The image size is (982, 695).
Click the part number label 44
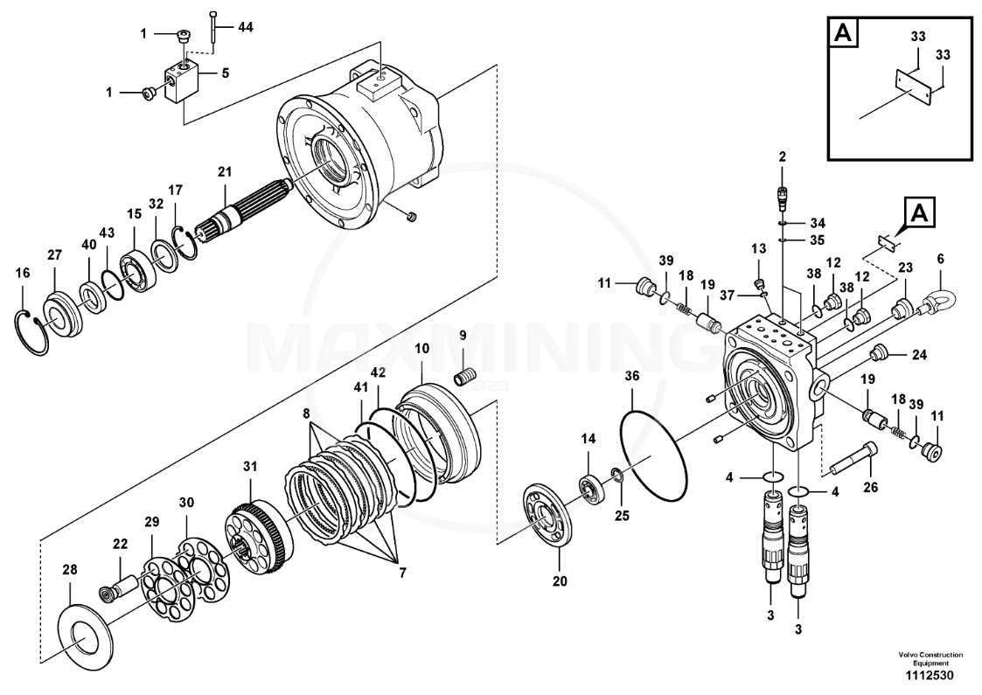(246, 28)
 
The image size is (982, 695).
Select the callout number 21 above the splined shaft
(225, 171)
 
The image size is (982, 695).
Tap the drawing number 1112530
(930, 676)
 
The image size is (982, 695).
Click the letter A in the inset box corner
(844, 33)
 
